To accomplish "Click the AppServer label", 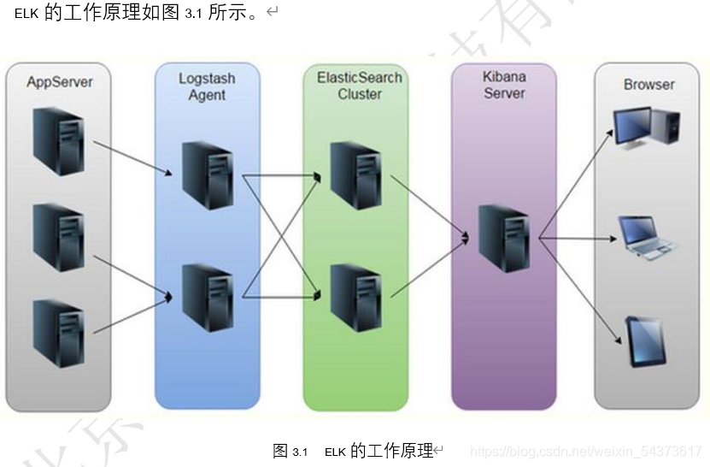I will pyautogui.click(x=59, y=82).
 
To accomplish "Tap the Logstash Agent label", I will pyautogui.click(x=207, y=86).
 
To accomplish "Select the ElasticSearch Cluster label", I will pyautogui.click(x=359, y=86).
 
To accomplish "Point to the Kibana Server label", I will pyautogui.click(x=504, y=84).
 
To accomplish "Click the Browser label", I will pyautogui.click(x=648, y=85).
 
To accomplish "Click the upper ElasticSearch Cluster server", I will pyautogui.click(x=355, y=175).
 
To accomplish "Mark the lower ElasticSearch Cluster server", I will pyautogui.click(x=355, y=297).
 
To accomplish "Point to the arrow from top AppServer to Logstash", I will pyautogui.click(x=132, y=157).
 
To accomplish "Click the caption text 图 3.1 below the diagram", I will pyautogui.click(x=290, y=452).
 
